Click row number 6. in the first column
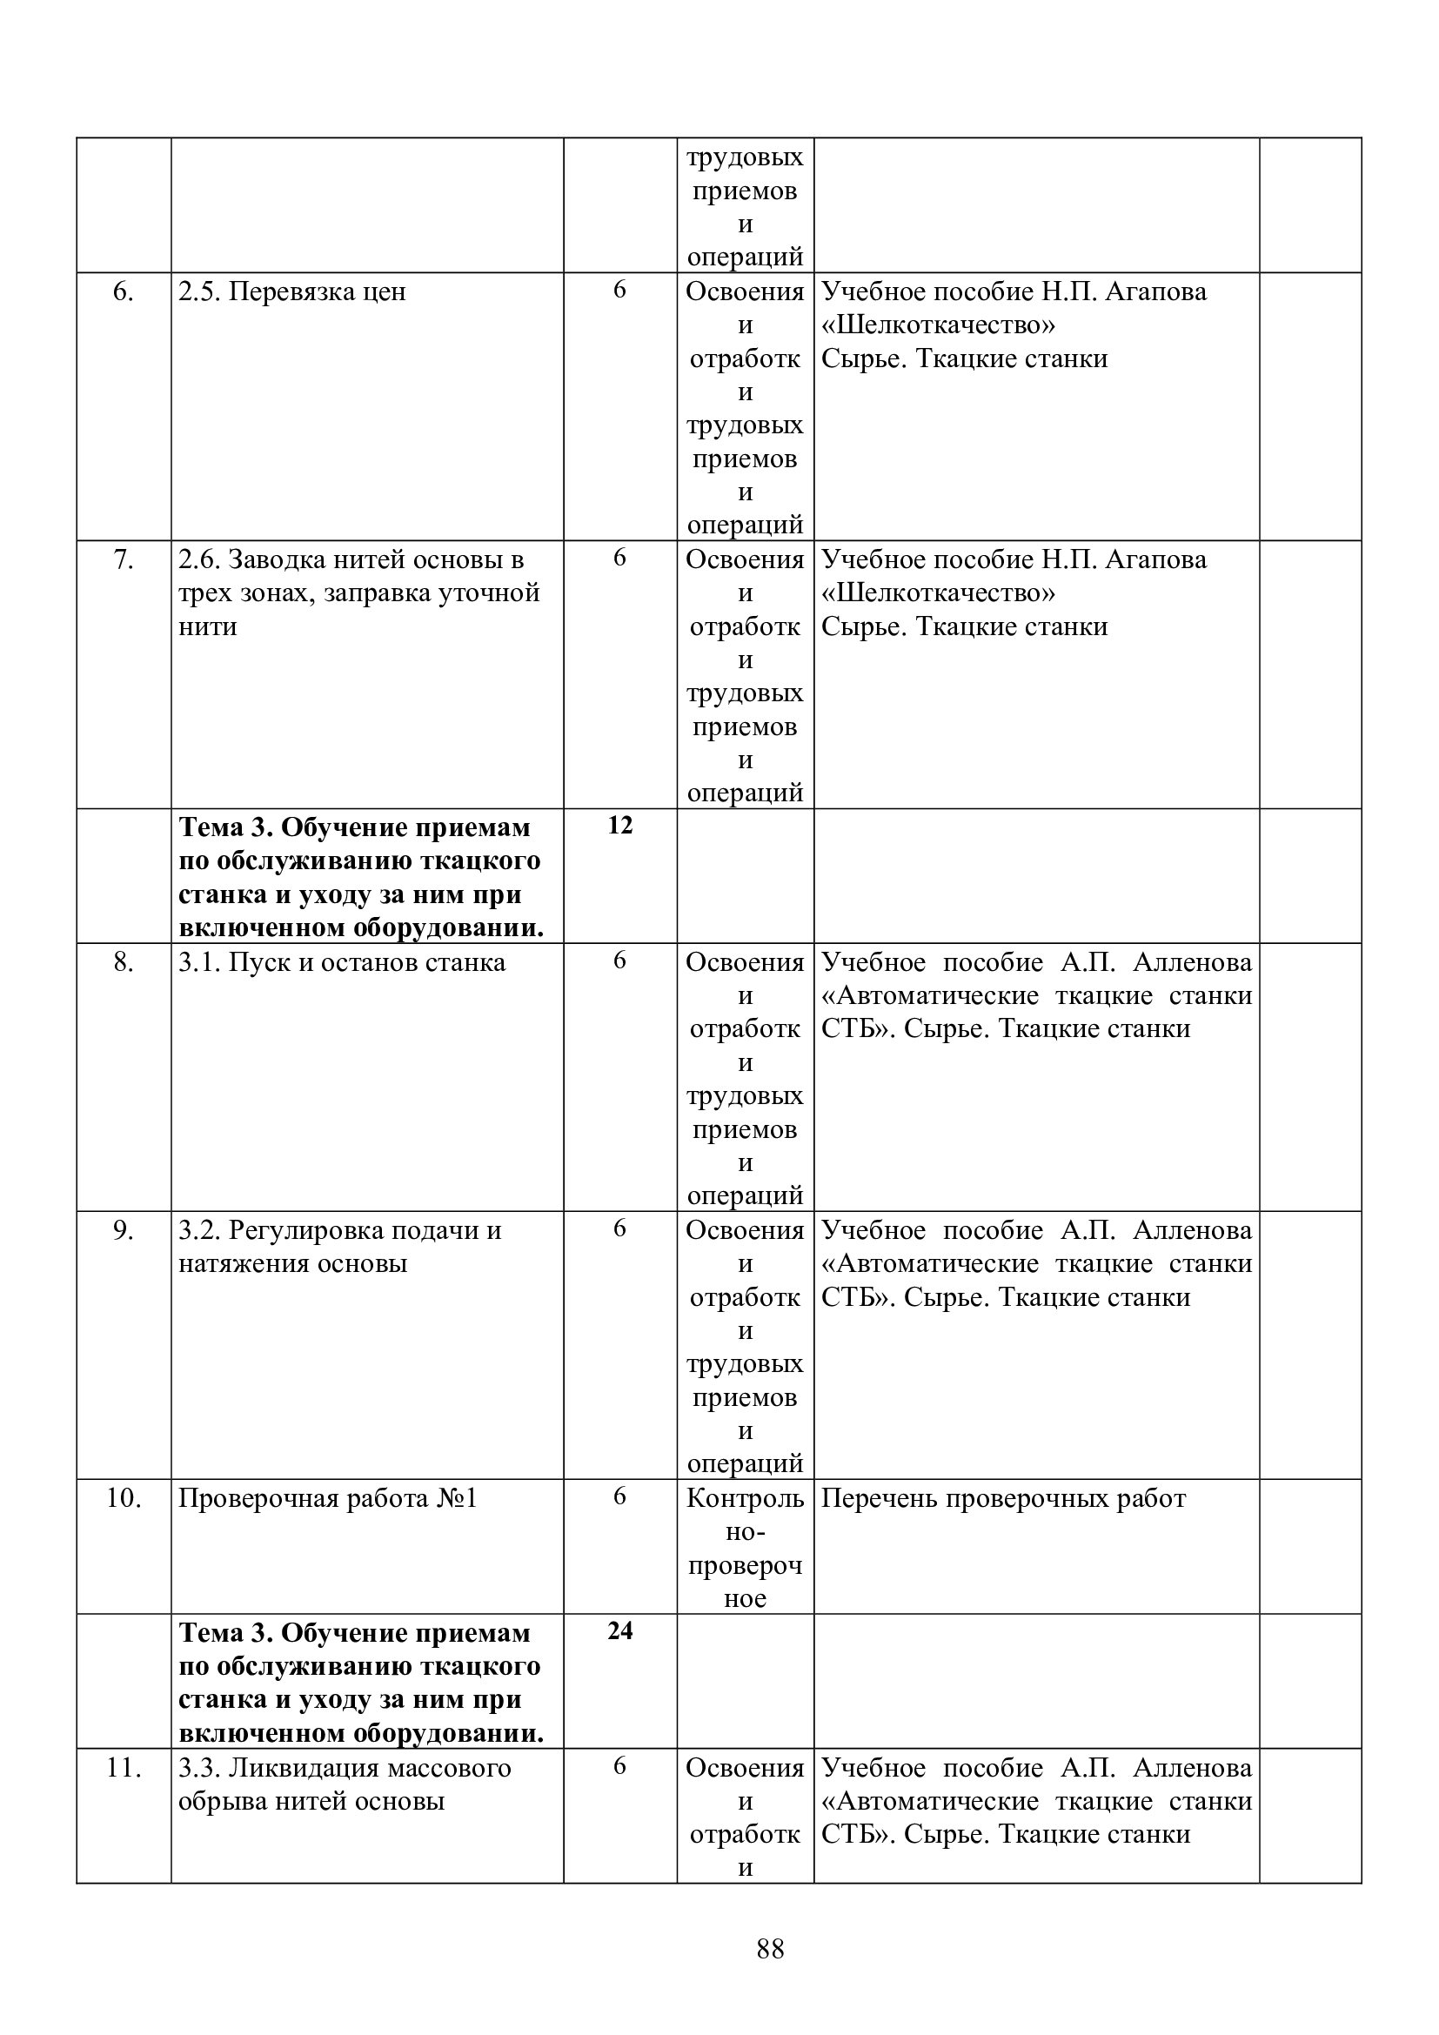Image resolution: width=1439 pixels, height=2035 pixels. point(124,291)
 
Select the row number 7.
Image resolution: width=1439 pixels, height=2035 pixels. point(124,559)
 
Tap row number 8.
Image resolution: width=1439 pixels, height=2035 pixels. point(124,961)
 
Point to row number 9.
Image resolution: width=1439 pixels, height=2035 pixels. point(124,1230)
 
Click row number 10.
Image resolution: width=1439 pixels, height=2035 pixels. point(124,1498)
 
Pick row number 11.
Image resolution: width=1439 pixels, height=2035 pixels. point(124,1767)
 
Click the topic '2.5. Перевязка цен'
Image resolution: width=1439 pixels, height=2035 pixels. point(292,291)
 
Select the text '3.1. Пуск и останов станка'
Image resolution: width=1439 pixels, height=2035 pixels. point(342,962)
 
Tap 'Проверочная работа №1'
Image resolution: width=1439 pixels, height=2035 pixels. point(328,1499)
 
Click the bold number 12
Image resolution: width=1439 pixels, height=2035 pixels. point(620,825)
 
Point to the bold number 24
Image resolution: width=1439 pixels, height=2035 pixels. point(620,1630)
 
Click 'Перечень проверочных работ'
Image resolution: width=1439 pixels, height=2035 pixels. point(1003,1499)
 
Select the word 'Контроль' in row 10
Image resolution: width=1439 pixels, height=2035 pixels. point(746,1499)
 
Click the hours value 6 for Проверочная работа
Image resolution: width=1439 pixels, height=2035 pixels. point(620,1496)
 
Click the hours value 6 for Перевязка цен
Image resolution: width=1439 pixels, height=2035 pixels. point(620,289)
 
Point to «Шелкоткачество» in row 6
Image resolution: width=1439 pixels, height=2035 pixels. point(939,325)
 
